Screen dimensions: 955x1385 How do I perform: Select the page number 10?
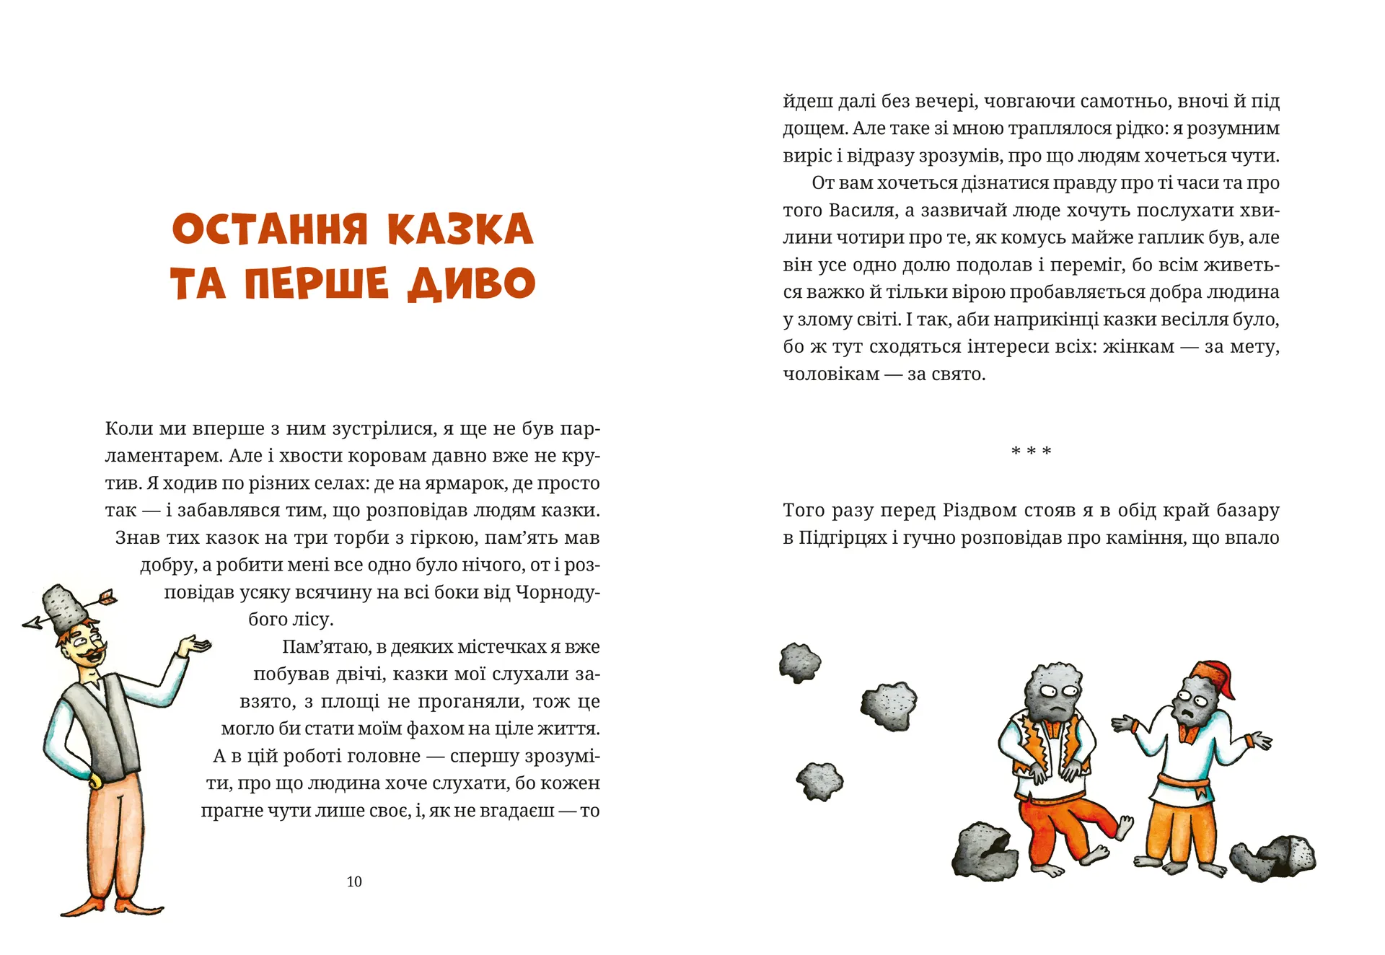coord(354,881)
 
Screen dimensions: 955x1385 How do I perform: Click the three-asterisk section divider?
coord(1031,452)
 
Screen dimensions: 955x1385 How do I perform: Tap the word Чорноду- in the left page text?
coord(557,593)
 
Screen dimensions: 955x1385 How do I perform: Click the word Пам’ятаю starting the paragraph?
coord(323,647)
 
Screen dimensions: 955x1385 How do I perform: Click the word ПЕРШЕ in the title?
coord(316,283)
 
